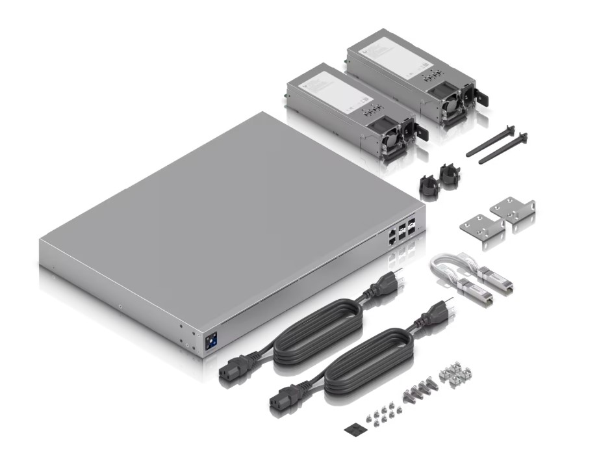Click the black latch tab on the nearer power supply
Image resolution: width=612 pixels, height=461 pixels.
422,133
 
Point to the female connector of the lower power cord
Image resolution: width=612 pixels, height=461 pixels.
283,397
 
